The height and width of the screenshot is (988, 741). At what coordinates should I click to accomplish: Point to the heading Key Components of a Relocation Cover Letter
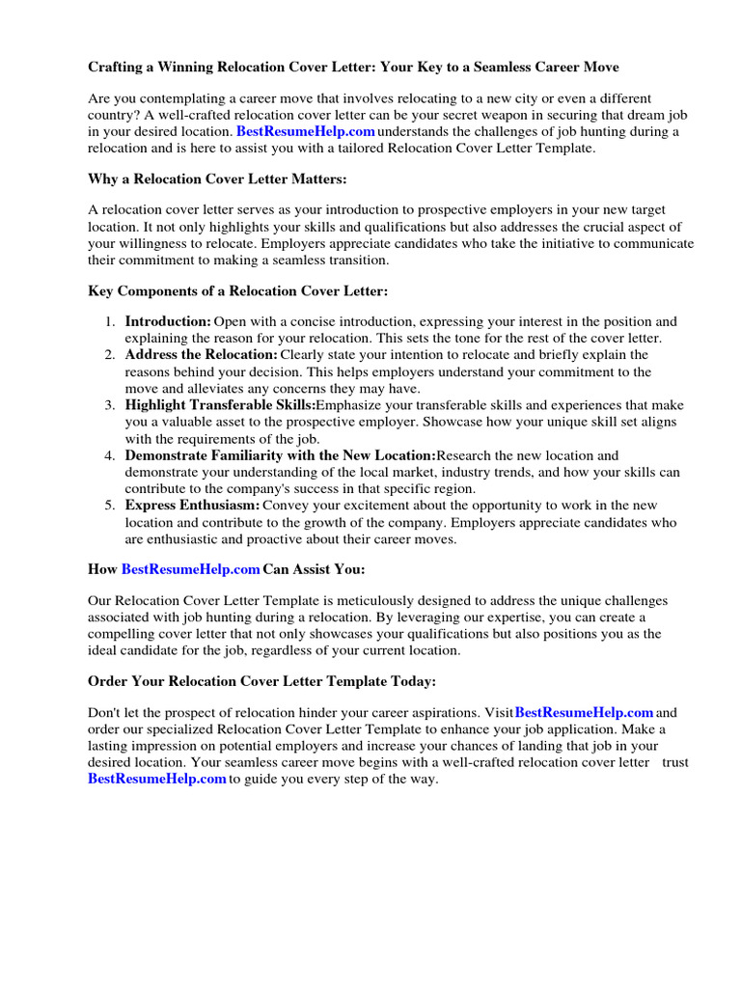239,290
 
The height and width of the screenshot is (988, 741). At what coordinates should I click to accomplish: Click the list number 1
110,321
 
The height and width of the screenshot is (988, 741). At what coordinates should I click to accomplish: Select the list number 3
110,405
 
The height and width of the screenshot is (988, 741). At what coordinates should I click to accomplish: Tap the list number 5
110,506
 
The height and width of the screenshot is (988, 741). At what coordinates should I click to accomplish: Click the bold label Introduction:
168,321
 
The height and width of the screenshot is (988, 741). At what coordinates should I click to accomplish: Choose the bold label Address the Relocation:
200,355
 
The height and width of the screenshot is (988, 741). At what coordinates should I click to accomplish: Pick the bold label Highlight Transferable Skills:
220,405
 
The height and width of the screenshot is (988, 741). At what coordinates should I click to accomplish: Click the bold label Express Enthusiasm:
192,506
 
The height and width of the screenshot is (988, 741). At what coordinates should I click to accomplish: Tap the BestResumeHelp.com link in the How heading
190,569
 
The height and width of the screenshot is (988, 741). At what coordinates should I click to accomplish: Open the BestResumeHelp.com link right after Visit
585,712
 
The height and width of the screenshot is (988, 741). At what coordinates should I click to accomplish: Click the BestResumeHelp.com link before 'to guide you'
157,779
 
